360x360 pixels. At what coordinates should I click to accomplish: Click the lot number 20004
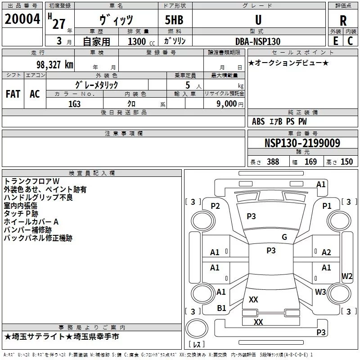coord(22,19)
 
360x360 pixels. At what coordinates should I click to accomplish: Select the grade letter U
coord(258,20)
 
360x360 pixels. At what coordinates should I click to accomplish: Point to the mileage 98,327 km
coord(54,65)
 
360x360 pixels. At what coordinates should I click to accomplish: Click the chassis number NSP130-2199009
coord(302,143)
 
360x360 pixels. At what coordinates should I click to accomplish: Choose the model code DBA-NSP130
coord(258,41)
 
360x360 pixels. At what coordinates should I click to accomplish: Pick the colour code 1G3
coord(75,103)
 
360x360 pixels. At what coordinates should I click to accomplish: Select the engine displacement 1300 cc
coord(137,41)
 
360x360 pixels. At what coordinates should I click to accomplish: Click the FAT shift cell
coord(13,94)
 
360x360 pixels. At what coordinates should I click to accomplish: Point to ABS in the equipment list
coord(258,121)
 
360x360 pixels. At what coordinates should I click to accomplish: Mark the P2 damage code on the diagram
coord(216,206)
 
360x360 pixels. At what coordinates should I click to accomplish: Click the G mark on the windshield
coord(284,237)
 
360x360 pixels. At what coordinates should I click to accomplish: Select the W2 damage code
coord(346,276)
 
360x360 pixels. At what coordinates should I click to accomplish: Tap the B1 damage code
coord(221,308)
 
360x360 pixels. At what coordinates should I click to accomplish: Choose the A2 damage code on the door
coord(326,252)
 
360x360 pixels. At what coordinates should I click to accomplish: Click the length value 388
coord(273,162)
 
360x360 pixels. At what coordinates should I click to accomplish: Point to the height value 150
coord(346,162)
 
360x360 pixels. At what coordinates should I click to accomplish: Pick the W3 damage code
coord(320,292)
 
